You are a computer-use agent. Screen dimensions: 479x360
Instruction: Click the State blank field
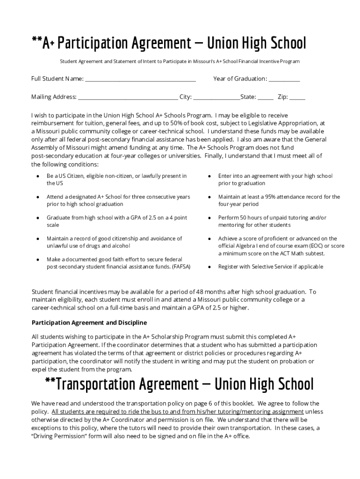point(265,98)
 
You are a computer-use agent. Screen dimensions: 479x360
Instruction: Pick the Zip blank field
point(297,98)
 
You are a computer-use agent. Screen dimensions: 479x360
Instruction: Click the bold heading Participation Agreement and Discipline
point(89,323)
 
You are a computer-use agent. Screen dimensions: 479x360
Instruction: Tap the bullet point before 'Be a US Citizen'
point(37,176)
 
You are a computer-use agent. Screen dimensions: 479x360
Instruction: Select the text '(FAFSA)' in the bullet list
point(181,267)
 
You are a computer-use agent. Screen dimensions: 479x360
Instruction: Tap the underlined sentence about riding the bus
point(177,412)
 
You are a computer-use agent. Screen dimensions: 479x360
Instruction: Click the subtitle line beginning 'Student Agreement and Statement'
point(180,62)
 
